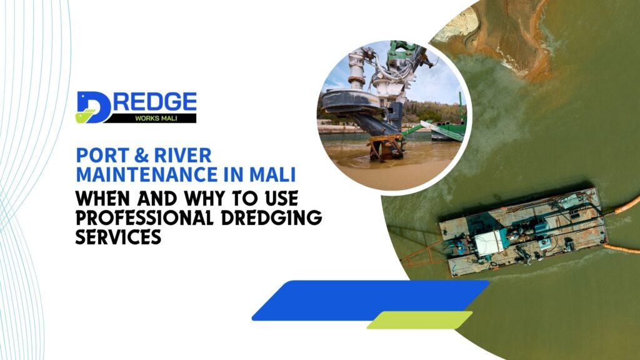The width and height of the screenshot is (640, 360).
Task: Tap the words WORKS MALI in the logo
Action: point(149,117)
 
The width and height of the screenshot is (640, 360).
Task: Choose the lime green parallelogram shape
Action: point(419,320)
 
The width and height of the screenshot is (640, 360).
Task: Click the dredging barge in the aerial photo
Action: point(521,231)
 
